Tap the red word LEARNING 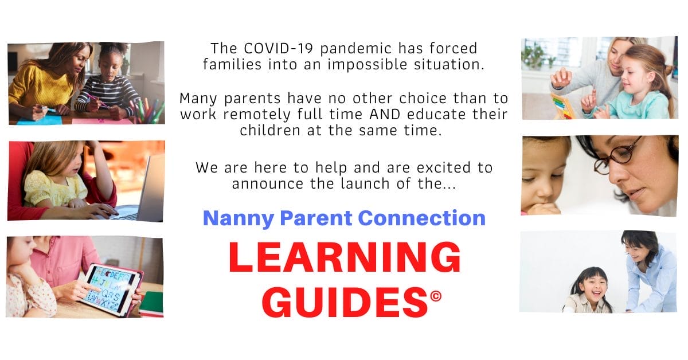pyautogui.click(x=345, y=259)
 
